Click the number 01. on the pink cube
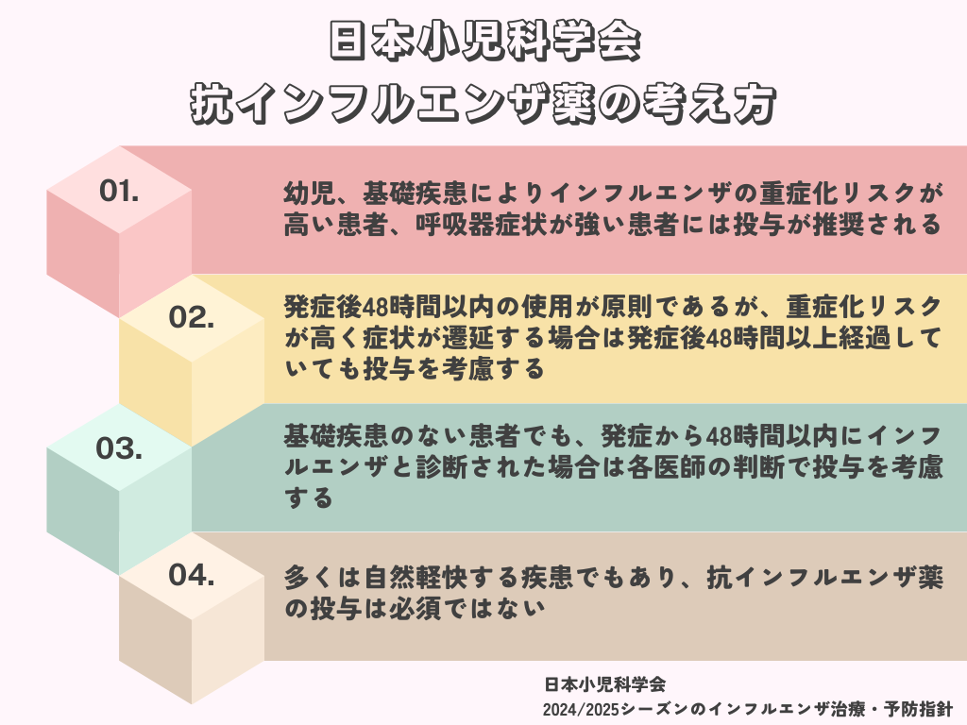(x=119, y=191)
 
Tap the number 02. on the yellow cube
(x=191, y=317)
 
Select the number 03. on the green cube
(x=119, y=448)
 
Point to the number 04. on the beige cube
(x=191, y=575)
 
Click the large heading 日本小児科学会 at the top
(x=484, y=42)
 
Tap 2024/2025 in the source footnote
(x=581, y=710)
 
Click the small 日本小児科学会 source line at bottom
(x=605, y=683)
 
